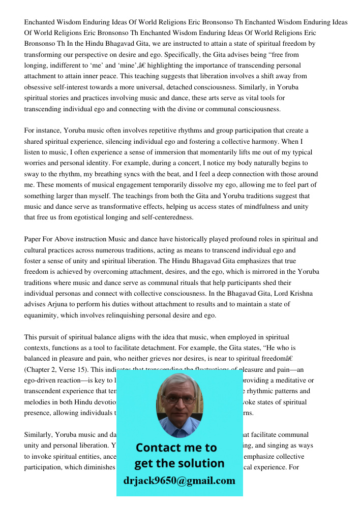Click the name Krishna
coord(300,294)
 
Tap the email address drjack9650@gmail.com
coord(179,481)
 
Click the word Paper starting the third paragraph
coord(33,239)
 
